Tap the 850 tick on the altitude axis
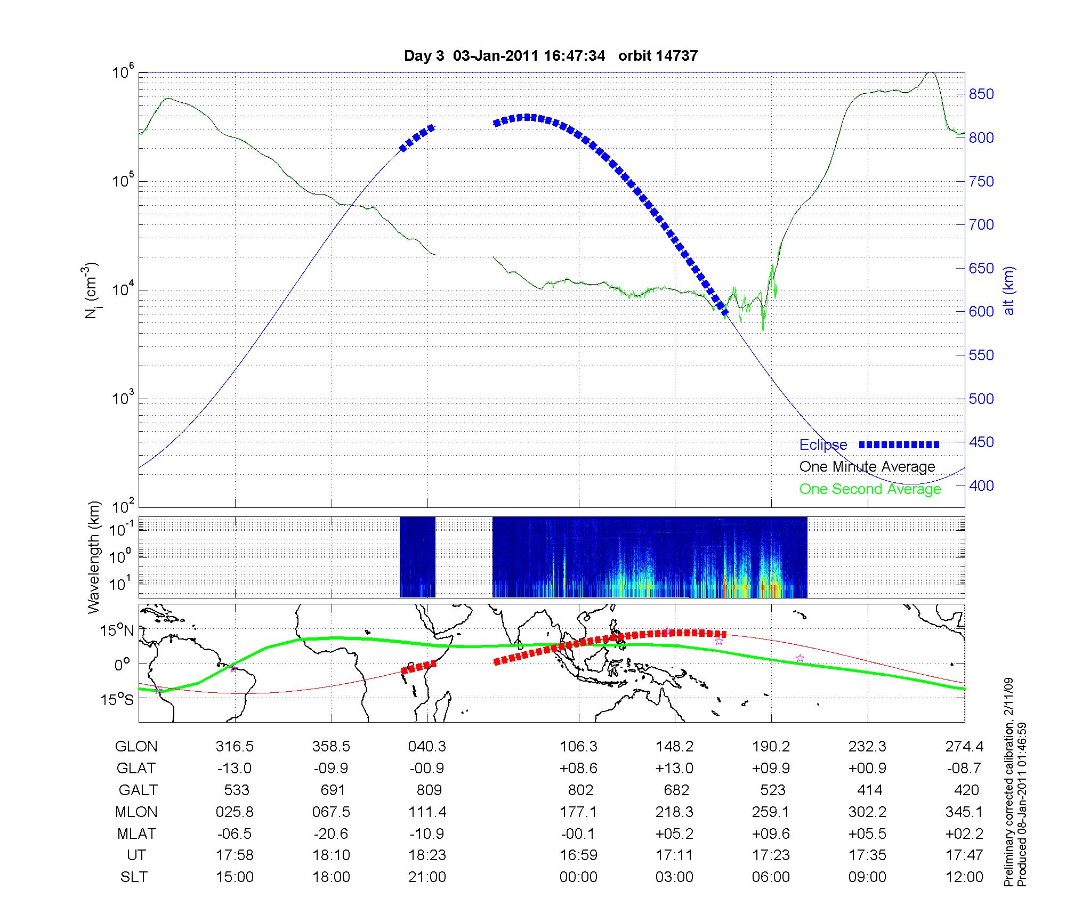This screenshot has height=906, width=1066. click(x=981, y=94)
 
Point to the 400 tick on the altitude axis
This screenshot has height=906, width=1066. click(x=981, y=486)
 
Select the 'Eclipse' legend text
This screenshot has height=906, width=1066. click(x=823, y=445)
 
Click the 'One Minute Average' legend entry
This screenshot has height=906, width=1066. click(x=867, y=467)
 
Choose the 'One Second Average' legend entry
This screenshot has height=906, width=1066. click(x=870, y=489)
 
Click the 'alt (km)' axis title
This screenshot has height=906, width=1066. click(x=1009, y=290)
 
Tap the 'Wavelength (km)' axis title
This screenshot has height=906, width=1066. click(x=94, y=557)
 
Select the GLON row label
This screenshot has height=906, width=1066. click(x=136, y=747)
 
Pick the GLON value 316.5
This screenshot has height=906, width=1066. click(x=235, y=747)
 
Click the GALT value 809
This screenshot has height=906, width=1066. click(x=429, y=790)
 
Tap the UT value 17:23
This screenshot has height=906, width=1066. click(x=771, y=855)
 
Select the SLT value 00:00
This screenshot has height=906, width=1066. click(x=578, y=877)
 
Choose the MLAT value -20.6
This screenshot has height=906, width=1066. click(x=331, y=834)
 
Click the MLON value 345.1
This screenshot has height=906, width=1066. click(x=964, y=812)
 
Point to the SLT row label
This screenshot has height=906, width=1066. click(x=134, y=877)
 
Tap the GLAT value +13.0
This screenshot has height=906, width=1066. click(x=675, y=769)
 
